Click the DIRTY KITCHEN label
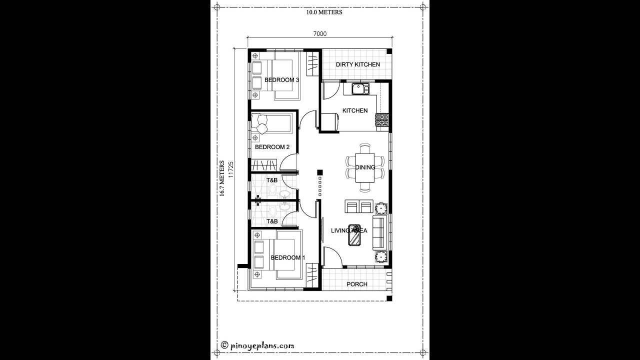click(357, 64)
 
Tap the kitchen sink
click(359, 89)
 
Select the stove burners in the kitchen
click(382, 120)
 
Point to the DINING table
click(365, 167)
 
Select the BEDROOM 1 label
click(287, 257)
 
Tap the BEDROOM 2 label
click(272, 147)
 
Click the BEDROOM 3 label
click(281, 80)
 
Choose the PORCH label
click(357, 284)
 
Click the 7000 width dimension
click(320, 34)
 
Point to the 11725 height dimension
click(231, 169)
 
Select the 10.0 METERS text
click(324, 12)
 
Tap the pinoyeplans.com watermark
click(257, 345)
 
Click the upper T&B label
click(271, 180)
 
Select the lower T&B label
click(271, 220)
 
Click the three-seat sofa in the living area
click(379, 233)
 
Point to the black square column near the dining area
click(320, 173)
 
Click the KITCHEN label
click(355, 110)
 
